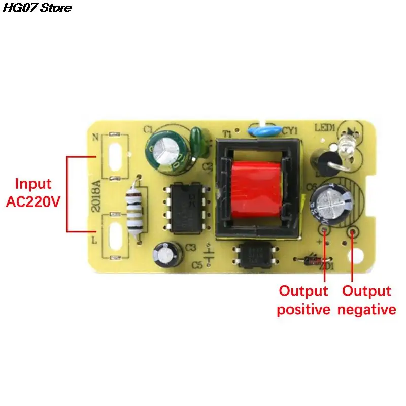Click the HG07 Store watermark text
click(36, 8)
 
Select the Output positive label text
click(303, 300)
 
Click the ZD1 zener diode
click(311, 261)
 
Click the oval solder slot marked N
click(115, 155)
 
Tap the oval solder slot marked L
click(115, 236)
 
